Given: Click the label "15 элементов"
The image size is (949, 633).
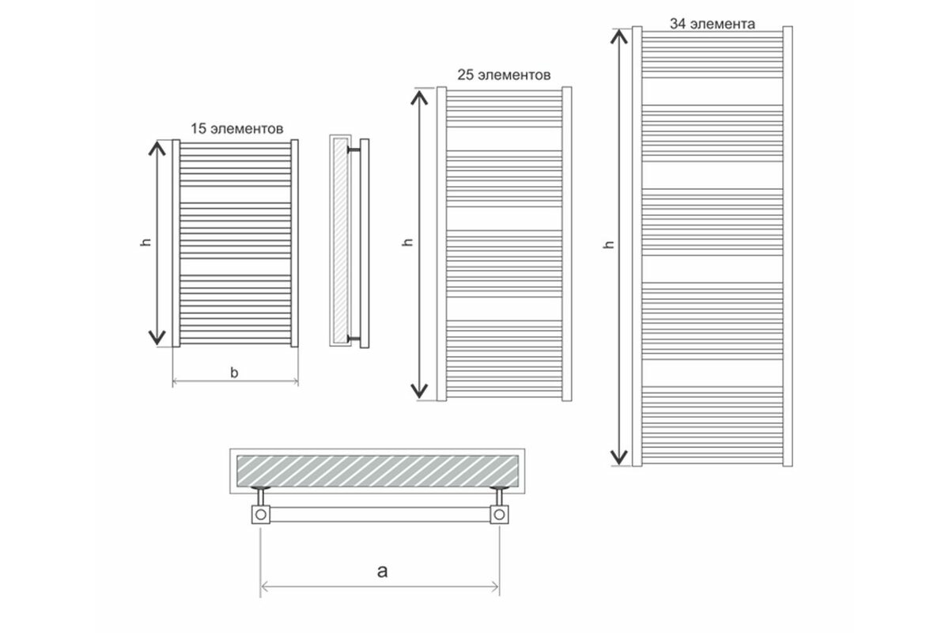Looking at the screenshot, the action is [236, 128].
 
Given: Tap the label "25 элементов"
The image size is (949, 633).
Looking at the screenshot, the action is [504, 74].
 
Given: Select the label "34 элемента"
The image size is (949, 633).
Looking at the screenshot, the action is [713, 24].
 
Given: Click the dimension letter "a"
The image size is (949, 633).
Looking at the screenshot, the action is [382, 571].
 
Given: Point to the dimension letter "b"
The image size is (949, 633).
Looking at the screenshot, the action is [234, 372].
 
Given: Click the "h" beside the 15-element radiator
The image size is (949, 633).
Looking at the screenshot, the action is [146, 242].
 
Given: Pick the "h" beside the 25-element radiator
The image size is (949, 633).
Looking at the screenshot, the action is [407, 242].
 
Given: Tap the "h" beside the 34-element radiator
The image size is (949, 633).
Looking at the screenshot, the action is [609, 244].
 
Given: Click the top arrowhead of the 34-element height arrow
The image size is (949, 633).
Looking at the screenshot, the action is [618, 37].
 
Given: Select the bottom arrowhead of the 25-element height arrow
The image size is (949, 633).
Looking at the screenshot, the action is [419, 391].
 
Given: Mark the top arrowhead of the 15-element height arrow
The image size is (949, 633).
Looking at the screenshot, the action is [157, 149].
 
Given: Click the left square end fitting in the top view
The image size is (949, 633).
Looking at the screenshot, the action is [261, 515].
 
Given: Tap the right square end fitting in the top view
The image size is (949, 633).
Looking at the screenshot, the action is [500, 515].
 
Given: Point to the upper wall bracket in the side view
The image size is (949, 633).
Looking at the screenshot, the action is [354, 150].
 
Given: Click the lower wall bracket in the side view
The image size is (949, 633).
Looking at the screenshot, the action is [354, 339].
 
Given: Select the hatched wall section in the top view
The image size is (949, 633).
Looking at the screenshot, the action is [377, 471].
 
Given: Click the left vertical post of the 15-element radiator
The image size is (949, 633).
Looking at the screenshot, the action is [176, 244].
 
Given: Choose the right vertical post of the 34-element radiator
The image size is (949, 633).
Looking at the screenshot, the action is [788, 246].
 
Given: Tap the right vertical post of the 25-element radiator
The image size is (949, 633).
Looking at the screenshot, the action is [567, 244].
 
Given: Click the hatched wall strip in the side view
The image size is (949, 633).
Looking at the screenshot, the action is [340, 240].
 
